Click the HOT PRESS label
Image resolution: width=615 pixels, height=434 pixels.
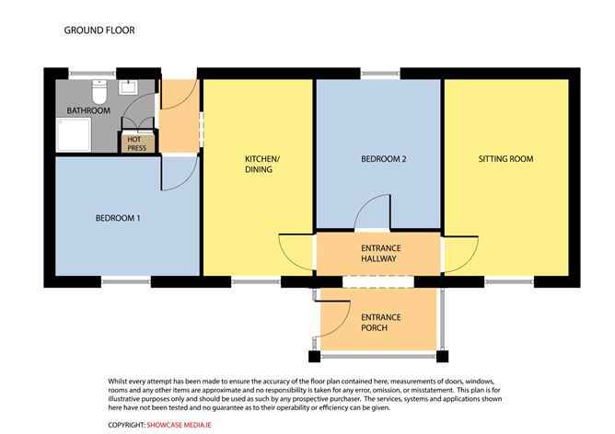135,143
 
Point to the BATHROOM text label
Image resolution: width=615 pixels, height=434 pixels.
88,111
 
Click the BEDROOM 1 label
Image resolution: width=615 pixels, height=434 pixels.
119,218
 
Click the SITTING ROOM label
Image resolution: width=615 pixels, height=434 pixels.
505,159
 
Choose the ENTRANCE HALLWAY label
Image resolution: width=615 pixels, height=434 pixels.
378,253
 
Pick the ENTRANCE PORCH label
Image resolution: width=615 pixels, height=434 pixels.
378,323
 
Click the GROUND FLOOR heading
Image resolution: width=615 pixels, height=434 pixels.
99,29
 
